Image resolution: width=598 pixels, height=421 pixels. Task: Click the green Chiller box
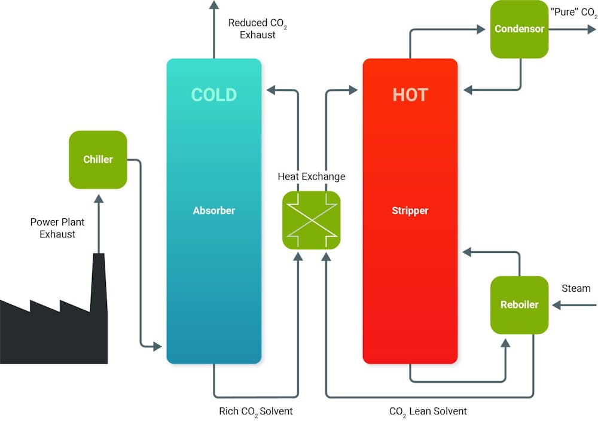coord(98,160)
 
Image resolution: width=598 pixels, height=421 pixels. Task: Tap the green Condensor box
coord(519,29)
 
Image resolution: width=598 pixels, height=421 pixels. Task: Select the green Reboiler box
coord(519,304)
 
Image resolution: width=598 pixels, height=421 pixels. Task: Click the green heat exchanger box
coord(311,219)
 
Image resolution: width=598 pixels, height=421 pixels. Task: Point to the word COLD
coord(213,95)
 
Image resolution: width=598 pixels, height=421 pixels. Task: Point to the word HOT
coord(410,95)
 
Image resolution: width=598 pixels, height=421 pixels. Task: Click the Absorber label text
coord(213,210)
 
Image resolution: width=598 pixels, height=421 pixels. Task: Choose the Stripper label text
coord(410,210)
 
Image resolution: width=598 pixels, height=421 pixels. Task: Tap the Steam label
coord(576,288)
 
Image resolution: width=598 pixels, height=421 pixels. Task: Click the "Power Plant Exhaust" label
coord(57,228)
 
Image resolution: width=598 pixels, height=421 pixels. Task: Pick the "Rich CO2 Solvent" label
coord(256,411)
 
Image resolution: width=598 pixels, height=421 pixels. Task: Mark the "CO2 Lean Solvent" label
coord(428,411)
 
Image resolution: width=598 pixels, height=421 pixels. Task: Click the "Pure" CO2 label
coord(573,11)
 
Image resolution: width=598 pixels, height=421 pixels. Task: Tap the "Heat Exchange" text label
coord(312,176)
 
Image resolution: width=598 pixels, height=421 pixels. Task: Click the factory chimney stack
coord(98,281)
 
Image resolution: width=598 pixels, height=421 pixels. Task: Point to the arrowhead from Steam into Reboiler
coord(556,305)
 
